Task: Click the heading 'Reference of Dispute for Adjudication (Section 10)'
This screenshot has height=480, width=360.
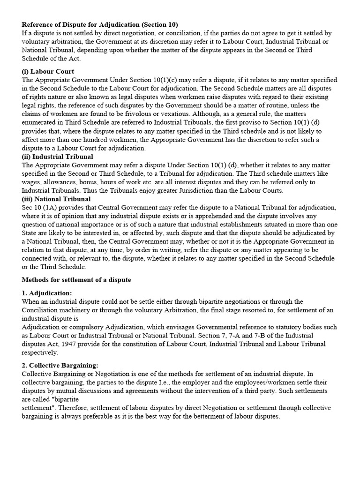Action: (x=100, y=24)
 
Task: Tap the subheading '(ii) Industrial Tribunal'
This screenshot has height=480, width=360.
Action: (x=57, y=157)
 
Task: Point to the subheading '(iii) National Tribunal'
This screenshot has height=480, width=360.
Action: (x=56, y=199)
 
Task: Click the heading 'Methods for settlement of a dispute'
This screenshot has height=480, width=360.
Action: (x=76, y=280)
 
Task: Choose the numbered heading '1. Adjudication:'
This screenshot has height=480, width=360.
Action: (x=47, y=293)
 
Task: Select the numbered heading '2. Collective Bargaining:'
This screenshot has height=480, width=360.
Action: (x=60, y=365)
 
